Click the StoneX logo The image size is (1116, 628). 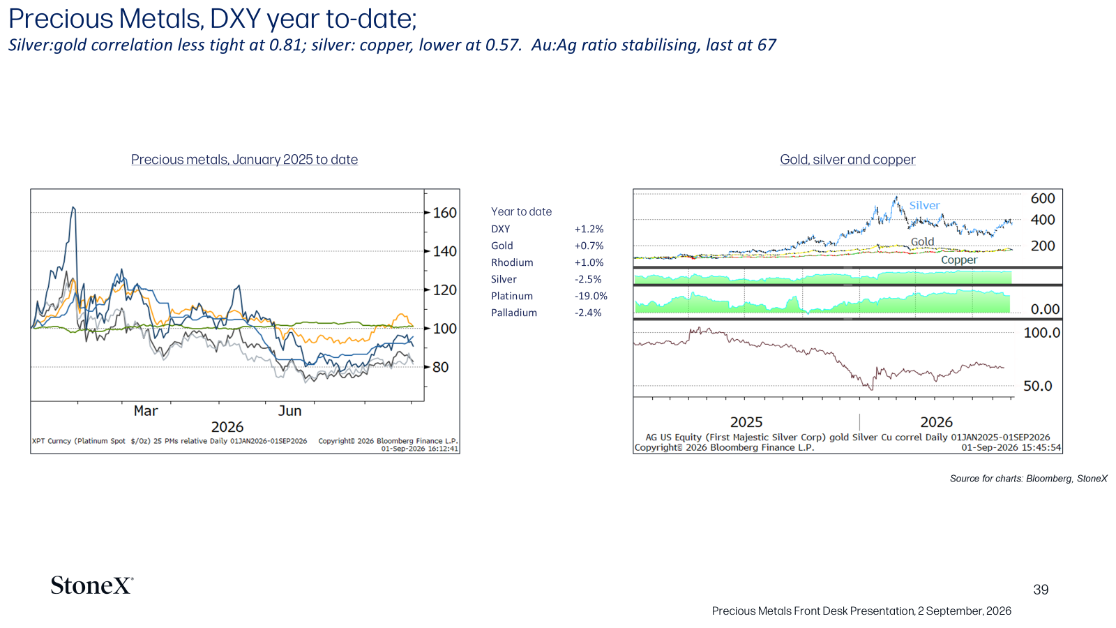91,585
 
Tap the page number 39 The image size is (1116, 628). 1041,590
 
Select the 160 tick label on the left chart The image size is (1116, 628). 445,213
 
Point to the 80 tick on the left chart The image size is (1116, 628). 441,367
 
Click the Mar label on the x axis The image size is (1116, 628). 146,411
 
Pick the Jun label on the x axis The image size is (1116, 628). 289,411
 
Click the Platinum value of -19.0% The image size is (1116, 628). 591,296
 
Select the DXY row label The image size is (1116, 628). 501,229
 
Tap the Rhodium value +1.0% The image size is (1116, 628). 589,262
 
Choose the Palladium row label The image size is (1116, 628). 514,313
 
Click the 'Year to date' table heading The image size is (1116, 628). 521,211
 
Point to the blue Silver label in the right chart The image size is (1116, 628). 925,205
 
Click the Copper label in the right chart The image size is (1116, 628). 959,260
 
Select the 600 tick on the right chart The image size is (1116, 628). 1043,198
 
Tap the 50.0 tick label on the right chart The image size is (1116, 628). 1038,386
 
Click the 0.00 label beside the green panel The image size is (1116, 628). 1045,309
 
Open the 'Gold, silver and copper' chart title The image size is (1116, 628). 847,160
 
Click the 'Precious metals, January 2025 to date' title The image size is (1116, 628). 245,160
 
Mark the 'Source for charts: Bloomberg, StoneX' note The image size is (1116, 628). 1028,479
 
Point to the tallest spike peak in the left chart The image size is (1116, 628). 73,207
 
